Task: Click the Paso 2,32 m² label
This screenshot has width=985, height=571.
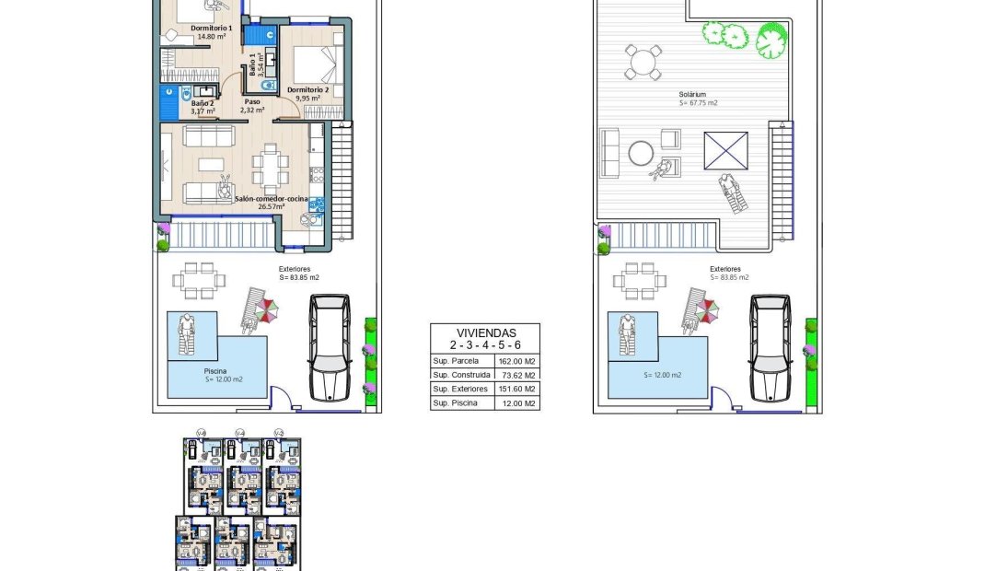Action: [252, 106]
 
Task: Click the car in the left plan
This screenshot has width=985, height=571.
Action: [330, 347]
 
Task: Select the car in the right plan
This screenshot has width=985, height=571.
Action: [771, 347]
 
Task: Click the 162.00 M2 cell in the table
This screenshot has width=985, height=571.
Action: [516, 361]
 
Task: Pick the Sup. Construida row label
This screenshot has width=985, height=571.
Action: [461, 375]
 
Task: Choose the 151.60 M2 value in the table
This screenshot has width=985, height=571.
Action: [516, 389]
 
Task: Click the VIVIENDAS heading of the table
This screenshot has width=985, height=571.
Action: [485, 332]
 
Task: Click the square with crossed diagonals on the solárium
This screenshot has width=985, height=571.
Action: [725, 151]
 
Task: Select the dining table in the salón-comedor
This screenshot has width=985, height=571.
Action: [270, 166]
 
